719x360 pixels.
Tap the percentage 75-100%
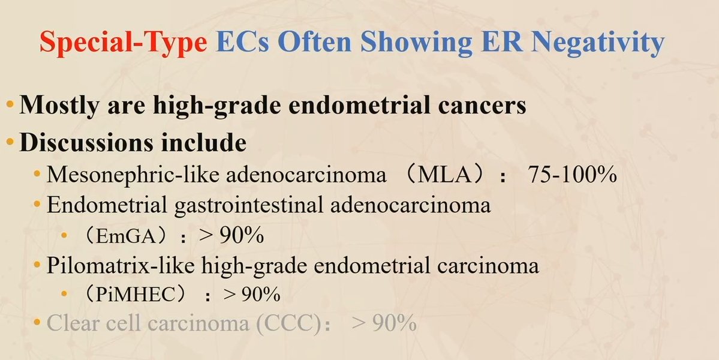573,175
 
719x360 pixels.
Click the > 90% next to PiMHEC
251,295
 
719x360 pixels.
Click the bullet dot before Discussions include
10,143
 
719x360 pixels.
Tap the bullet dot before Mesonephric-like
38,175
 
